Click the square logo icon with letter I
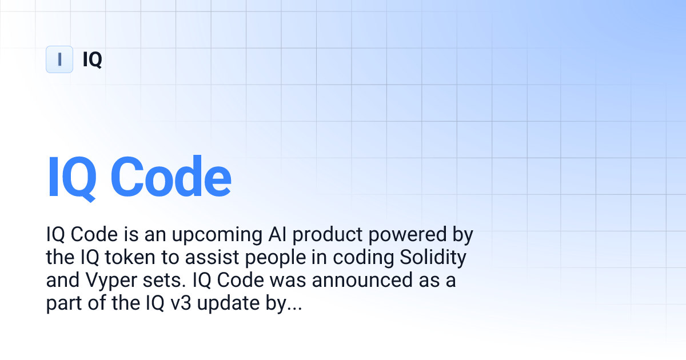(59, 59)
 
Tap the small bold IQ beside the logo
(92, 59)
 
